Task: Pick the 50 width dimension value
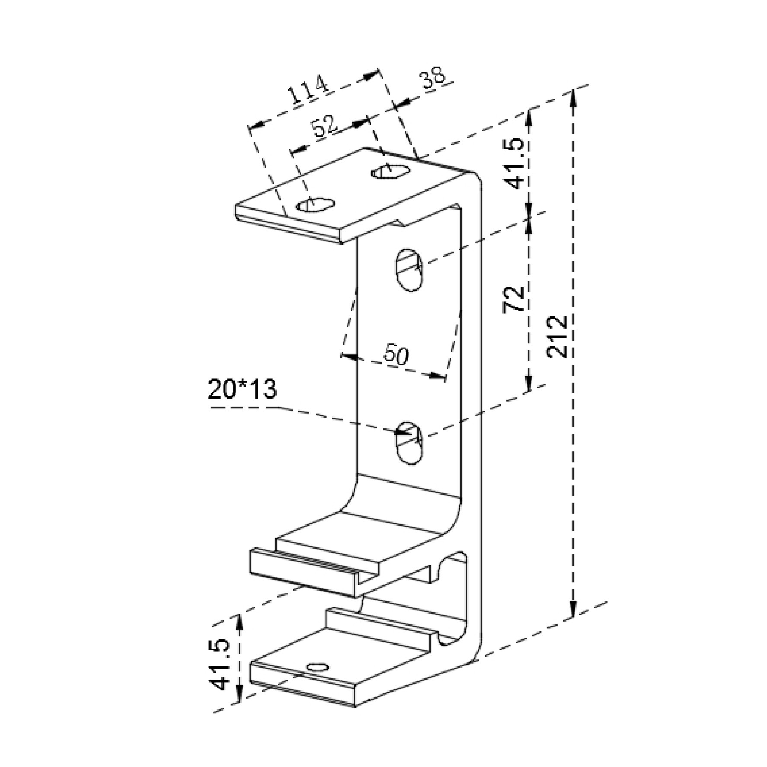click(396, 355)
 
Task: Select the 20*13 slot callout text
click(242, 389)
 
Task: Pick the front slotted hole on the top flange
click(316, 205)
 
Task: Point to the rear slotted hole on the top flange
click(391, 171)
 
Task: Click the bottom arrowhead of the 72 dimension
click(528, 382)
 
